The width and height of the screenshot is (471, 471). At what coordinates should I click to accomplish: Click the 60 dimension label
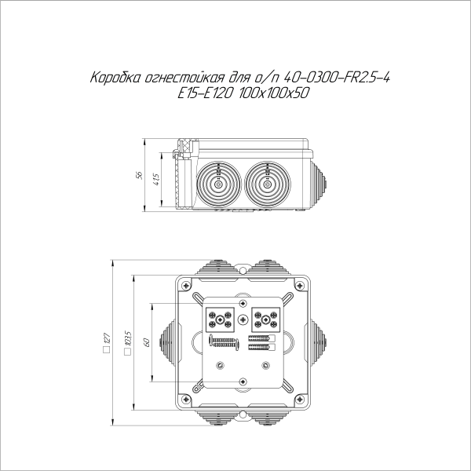(145, 342)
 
